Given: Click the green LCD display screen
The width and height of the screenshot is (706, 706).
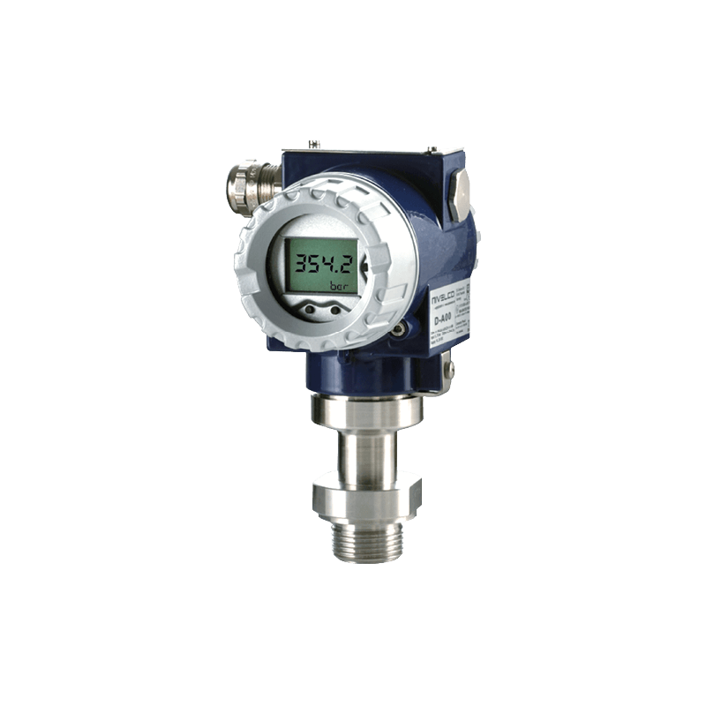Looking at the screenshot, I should (317, 265).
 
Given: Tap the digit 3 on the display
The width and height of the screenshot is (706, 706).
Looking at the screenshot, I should (299, 262).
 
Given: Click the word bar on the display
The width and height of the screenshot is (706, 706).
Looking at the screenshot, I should (337, 286).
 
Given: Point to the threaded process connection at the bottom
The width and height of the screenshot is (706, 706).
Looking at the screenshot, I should (357, 539).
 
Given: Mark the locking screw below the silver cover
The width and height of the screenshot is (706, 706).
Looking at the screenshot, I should (398, 328).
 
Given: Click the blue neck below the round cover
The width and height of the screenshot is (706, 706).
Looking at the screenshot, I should (353, 371).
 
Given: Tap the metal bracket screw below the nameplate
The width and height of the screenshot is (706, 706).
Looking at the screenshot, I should (448, 365).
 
